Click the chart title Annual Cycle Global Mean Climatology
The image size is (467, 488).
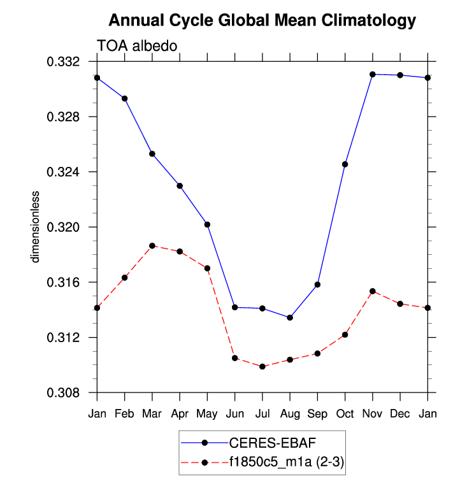262,20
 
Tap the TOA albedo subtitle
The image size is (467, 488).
136,45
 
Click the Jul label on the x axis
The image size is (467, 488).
262,413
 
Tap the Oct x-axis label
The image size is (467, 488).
345,413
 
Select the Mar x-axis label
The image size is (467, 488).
152,413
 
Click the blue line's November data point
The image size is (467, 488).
373,75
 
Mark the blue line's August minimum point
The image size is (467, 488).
290,317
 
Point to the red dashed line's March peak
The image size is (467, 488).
152,245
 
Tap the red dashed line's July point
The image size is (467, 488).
262,366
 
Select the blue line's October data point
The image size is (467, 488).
345,164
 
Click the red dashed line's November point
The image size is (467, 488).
373,291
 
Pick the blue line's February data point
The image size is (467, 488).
125,98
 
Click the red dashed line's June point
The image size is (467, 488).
235,358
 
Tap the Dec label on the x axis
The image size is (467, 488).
400,413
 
